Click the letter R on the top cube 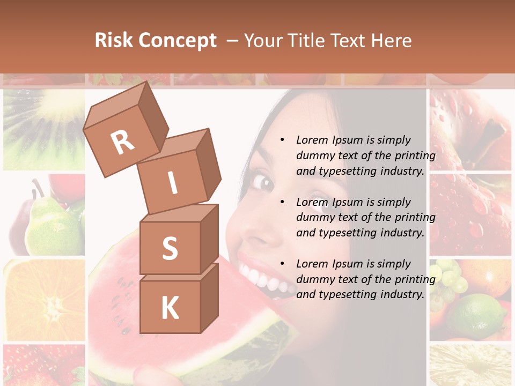click(x=122, y=142)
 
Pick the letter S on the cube click(x=170, y=249)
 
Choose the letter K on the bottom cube click(x=170, y=308)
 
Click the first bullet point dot click(x=282, y=140)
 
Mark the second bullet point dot click(x=282, y=203)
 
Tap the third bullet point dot click(x=282, y=264)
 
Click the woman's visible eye click(x=263, y=182)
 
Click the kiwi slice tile click(x=44, y=129)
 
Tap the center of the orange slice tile click(x=46, y=303)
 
